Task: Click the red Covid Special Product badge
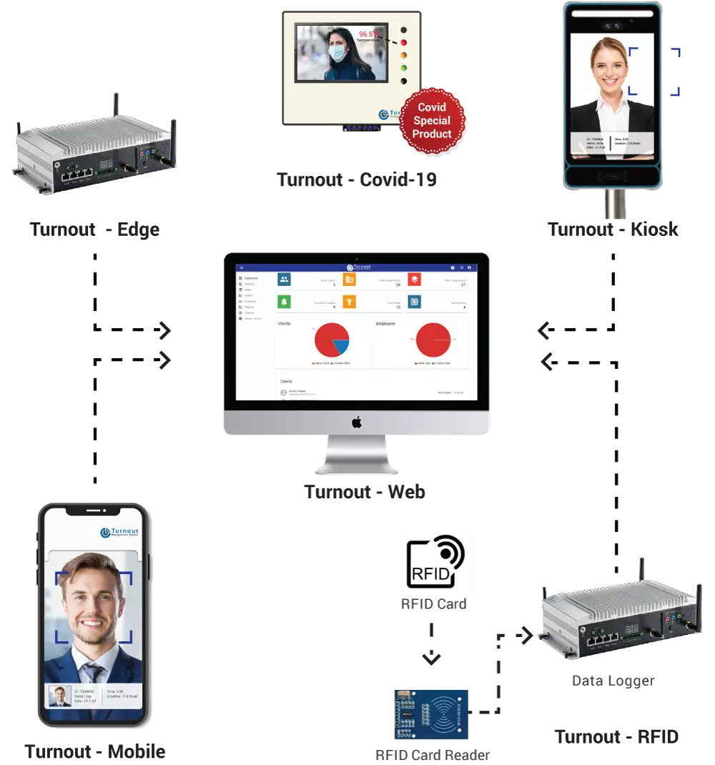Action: click(x=432, y=120)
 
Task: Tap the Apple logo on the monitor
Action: click(x=357, y=423)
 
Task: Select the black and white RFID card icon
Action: click(x=436, y=563)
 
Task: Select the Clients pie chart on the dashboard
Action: click(x=331, y=340)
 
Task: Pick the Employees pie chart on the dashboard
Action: click(x=434, y=340)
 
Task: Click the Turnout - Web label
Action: click(x=365, y=492)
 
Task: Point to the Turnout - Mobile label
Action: click(x=95, y=752)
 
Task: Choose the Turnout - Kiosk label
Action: click(x=612, y=230)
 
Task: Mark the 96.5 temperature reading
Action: click(x=368, y=34)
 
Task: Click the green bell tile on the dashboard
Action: click(x=285, y=302)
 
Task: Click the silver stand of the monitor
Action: click(x=357, y=458)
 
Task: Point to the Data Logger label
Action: click(x=612, y=681)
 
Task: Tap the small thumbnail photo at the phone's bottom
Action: click(x=59, y=696)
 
